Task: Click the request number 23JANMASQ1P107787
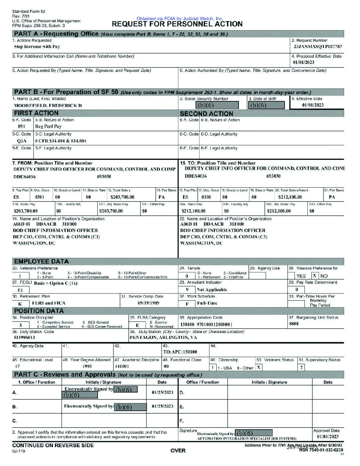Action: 318,47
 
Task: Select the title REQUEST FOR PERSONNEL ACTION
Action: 177,24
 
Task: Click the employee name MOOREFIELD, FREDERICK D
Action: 48,106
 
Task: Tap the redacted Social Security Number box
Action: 217,105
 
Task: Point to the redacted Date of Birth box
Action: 266,105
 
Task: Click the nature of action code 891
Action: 21,126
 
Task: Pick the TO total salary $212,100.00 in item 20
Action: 290,197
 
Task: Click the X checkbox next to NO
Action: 315,276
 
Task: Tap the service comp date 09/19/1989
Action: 148,303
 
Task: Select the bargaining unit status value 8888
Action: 293,324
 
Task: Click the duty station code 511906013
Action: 24,338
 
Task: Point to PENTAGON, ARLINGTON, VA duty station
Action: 163,338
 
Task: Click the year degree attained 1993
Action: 87,366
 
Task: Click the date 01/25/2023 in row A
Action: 162,393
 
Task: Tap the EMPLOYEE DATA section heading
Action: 41,261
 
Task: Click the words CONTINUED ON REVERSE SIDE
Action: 53,445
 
